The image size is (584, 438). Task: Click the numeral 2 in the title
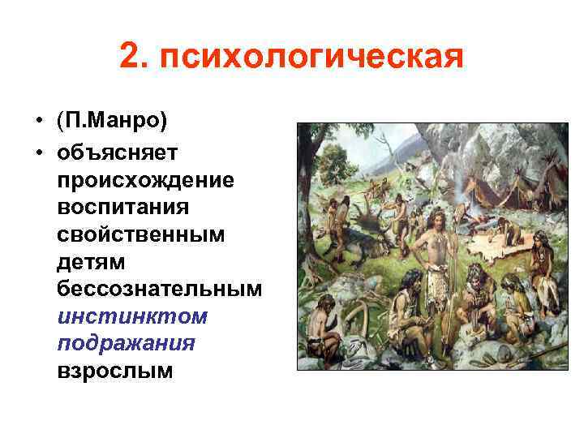(131, 57)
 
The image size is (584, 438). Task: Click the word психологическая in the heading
(311, 58)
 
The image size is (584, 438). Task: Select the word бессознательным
(160, 288)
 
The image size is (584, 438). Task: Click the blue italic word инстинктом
(132, 316)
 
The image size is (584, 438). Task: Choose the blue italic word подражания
(127, 343)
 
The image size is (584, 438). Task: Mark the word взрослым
(114, 371)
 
